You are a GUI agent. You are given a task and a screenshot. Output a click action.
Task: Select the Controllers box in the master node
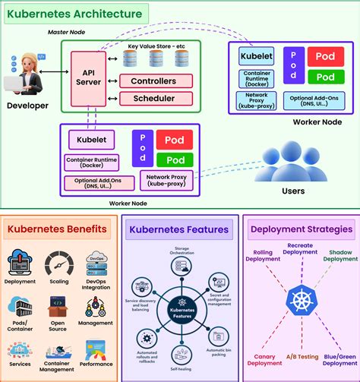click(153, 81)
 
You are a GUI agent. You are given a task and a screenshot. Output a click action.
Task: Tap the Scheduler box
click(153, 99)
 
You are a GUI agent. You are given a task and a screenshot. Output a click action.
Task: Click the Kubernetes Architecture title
click(74, 14)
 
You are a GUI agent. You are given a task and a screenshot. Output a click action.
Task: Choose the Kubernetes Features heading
click(179, 229)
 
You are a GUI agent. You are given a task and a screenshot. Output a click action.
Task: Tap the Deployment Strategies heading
click(301, 229)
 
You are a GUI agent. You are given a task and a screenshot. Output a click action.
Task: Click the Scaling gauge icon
click(58, 264)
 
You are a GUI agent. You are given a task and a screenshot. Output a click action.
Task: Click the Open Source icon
click(58, 307)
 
